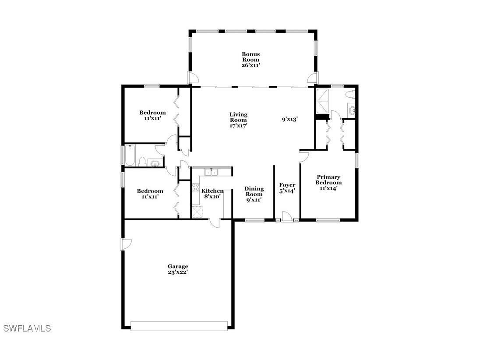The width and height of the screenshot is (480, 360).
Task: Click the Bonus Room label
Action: pos(251,60)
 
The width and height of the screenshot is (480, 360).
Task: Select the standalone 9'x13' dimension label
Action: pos(289,119)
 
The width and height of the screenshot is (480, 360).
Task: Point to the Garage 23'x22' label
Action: pos(178,269)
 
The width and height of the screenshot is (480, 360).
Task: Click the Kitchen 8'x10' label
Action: pos(212,194)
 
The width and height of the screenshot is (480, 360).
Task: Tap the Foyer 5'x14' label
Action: pos(287,188)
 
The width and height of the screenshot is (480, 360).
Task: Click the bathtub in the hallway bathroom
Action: pos(131,155)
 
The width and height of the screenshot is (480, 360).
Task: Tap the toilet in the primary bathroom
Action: pos(349,94)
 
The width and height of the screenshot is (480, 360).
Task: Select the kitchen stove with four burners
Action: pos(195,187)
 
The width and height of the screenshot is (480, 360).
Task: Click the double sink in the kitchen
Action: pos(212,172)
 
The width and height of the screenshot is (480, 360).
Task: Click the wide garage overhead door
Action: pos(179,326)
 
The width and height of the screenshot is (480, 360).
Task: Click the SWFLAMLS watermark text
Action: pos(27,328)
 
